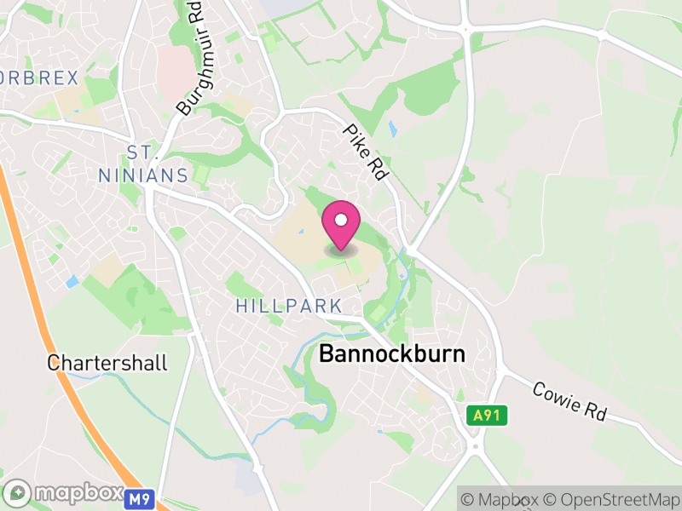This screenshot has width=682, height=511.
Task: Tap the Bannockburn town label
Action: coord(392,355)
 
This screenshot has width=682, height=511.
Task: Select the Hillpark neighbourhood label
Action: coord(289,306)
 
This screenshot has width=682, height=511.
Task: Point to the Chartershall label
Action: coord(107,363)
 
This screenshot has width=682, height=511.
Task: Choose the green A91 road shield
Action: coord(488,416)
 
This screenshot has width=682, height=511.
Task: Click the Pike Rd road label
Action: coord(367,151)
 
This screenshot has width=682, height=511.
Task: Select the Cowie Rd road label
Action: coord(569,400)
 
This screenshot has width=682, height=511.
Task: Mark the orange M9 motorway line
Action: coord(51,341)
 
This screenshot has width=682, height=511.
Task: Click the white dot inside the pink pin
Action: coord(341,220)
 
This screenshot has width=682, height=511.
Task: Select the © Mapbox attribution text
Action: coord(502,499)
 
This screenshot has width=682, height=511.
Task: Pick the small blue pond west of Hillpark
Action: coord(72,281)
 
